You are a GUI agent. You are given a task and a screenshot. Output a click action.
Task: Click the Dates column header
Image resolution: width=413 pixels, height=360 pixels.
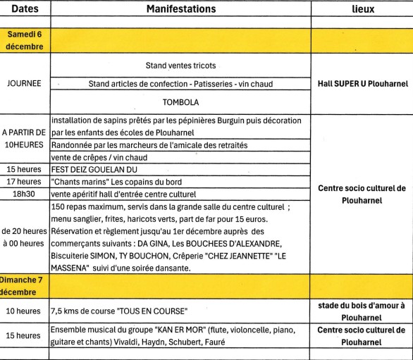[x=25, y=10]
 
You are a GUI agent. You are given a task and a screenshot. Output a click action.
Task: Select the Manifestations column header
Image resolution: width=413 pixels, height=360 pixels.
[x=180, y=10]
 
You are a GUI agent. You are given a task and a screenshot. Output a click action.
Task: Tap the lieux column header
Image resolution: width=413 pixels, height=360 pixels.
[x=361, y=10]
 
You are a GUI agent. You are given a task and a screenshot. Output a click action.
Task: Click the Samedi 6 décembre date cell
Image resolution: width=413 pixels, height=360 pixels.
[x=25, y=39]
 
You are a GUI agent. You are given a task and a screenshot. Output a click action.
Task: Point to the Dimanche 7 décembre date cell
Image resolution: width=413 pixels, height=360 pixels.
[x=25, y=286]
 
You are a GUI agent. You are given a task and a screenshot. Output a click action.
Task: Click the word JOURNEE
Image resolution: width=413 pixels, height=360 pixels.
[x=25, y=83]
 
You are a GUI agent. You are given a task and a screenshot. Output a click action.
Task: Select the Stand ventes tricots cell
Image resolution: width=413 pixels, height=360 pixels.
[x=180, y=66]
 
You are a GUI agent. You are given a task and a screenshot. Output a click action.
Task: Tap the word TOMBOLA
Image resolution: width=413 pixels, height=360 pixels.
[x=180, y=101]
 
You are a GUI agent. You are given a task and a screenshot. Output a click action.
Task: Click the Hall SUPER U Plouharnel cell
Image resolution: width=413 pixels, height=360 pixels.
[x=361, y=83]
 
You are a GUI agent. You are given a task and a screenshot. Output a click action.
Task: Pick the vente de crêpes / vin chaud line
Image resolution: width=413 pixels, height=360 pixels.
[x=94, y=156]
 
